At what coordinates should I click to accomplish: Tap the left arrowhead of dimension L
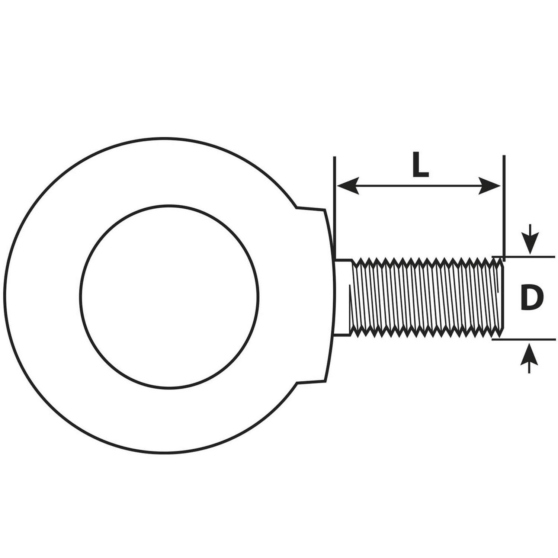click(347, 186)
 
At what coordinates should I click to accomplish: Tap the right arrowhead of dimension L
click(490, 186)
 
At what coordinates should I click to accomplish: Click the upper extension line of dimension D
click(523, 257)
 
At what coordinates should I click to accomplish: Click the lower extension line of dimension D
click(523, 339)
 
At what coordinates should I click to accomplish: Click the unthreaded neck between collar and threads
click(343, 298)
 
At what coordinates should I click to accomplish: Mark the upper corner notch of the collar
click(296, 207)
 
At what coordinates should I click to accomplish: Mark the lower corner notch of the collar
click(296, 382)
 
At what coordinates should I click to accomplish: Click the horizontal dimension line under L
click(419, 186)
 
